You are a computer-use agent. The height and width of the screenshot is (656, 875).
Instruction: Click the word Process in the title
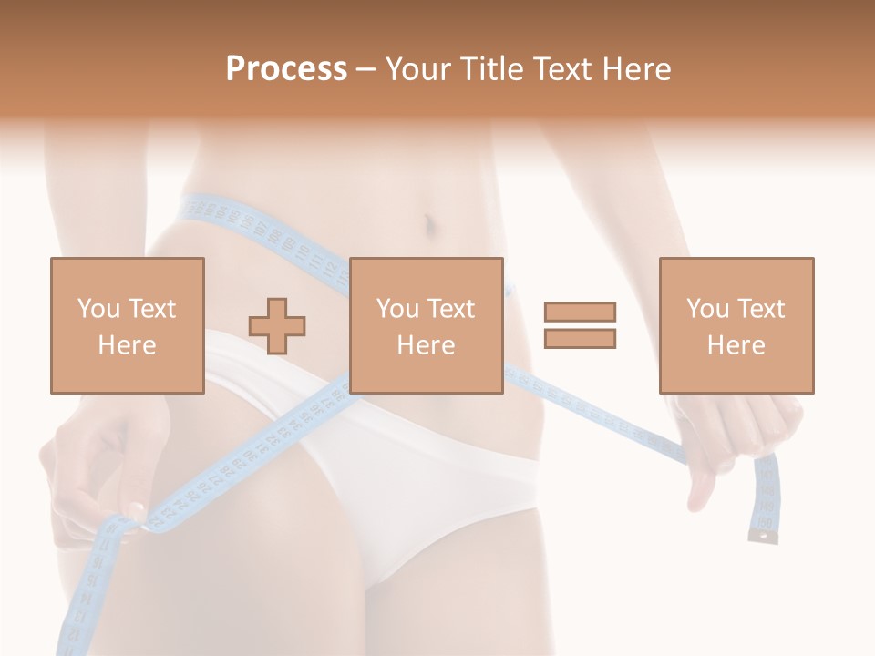(x=286, y=69)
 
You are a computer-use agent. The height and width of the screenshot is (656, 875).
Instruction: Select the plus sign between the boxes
(x=277, y=325)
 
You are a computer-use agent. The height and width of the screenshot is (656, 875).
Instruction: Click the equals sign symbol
(x=580, y=325)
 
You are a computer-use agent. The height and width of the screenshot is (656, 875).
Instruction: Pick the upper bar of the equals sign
(x=580, y=312)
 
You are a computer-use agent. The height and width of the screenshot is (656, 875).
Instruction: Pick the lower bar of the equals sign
(x=580, y=339)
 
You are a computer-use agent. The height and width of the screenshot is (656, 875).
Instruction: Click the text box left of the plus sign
(x=127, y=325)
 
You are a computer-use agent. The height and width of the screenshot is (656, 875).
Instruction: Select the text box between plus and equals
(x=426, y=325)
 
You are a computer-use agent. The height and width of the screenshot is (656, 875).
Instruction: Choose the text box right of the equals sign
(x=736, y=325)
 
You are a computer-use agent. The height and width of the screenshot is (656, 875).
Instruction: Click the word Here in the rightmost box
(x=736, y=344)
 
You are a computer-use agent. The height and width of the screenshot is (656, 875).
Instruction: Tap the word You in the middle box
(x=396, y=309)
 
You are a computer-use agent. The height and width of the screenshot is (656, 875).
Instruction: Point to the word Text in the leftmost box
(x=152, y=309)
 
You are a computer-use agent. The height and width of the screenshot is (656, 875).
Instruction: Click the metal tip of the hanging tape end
(x=763, y=538)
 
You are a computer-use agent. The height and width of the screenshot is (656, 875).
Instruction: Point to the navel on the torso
(x=427, y=222)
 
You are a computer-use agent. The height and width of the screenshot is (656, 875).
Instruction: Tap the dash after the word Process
(x=365, y=69)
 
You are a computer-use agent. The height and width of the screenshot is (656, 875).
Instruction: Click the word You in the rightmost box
(x=706, y=309)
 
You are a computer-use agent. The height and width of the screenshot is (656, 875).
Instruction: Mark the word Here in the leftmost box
(x=127, y=344)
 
